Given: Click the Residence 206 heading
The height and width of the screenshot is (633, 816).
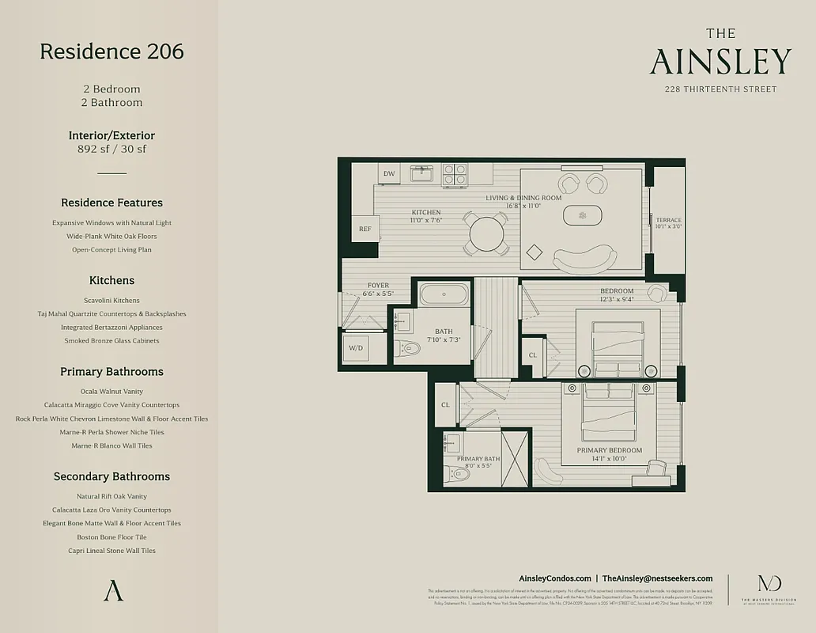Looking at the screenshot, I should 111,51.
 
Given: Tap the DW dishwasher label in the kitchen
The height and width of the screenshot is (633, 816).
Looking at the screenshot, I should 388,173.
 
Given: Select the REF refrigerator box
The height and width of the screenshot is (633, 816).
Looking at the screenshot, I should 365,229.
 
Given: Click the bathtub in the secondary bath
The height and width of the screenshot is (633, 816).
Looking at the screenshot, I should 444,294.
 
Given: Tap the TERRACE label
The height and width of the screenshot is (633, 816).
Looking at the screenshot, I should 668,220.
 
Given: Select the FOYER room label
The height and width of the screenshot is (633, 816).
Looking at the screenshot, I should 378,286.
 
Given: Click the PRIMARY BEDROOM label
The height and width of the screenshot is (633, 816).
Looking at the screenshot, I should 609,450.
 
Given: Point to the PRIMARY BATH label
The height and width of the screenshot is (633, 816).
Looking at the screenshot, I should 477,458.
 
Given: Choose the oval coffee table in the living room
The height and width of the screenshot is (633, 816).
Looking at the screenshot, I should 582,215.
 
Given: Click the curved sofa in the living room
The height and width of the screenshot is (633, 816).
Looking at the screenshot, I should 584,259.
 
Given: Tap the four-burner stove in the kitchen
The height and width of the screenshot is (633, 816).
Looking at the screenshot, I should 454,174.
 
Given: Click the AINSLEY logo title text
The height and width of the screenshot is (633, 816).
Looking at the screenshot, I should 720,62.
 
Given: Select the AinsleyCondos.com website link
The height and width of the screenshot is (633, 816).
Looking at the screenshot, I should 554,578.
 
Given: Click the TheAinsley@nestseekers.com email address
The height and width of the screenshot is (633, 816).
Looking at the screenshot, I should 657,578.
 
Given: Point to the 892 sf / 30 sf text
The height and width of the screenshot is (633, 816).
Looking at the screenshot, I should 111,149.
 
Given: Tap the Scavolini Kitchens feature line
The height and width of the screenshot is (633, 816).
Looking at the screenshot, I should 111,301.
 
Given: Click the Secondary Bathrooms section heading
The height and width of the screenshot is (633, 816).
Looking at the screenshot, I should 111,476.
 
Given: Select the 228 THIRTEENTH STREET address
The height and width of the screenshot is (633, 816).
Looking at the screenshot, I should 720,89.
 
